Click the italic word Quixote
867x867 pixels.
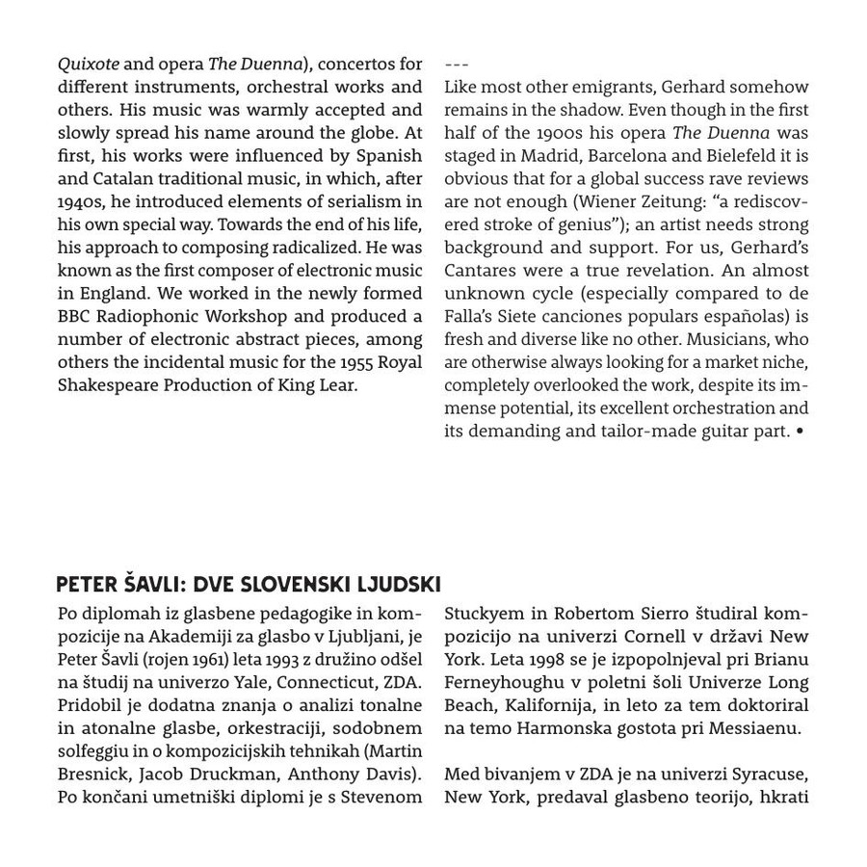pyautogui.click(x=89, y=65)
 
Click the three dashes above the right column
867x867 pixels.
pyautogui.click(x=457, y=65)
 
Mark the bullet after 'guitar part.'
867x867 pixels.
pyautogui.click(x=800, y=432)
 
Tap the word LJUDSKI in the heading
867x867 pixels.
pyautogui.click(x=399, y=585)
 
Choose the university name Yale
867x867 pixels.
pyautogui.click(x=254, y=682)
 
